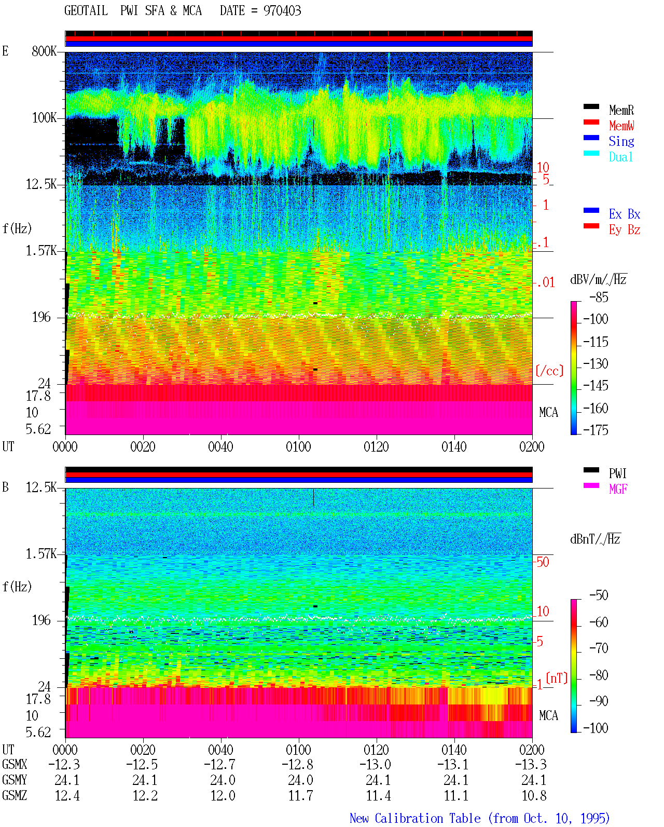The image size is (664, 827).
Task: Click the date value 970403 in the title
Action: tap(282, 11)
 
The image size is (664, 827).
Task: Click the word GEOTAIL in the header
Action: tap(86, 11)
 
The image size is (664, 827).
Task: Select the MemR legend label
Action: tap(621, 110)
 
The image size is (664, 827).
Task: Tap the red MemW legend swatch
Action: tap(591, 122)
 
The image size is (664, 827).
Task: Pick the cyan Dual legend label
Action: tap(620, 157)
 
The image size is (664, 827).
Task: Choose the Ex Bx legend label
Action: tap(624, 214)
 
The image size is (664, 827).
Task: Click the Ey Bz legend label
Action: tap(624, 230)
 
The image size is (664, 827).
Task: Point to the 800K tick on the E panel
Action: tap(44, 51)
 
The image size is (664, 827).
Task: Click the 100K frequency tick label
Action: tap(44, 118)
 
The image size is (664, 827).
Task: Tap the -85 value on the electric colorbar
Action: tap(599, 297)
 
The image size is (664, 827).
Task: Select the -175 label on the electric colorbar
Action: tap(596, 430)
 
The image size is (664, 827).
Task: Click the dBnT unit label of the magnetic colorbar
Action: tap(595, 539)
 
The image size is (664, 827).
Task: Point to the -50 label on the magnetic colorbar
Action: tap(599, 595)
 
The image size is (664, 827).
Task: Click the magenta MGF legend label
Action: tap(618, 489)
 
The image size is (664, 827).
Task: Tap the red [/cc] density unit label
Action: tap(549, 371)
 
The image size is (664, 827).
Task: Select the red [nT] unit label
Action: tap(557, 678)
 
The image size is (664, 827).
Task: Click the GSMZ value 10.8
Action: tap(534, 795)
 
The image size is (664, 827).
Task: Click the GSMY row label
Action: tap(15, 780)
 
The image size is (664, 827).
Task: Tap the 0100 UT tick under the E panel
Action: tap(298, 447)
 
